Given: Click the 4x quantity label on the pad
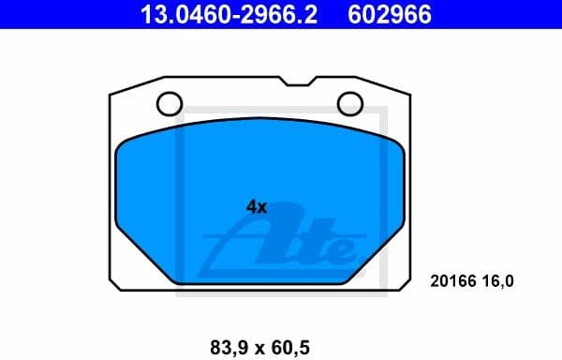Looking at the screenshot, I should [x=256, y=207].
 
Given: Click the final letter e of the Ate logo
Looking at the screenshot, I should [x=342, y=250].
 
